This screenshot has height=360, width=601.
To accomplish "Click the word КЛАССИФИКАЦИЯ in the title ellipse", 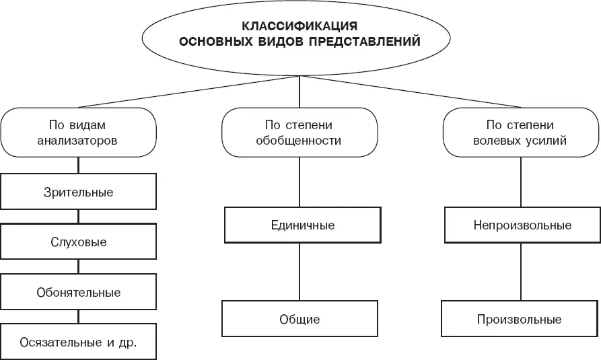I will pos(299,26).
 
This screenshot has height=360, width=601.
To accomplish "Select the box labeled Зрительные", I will pos(78,192).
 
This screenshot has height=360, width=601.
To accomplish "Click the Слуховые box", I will pos(78,242).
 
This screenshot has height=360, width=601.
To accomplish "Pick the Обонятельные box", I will pos(78,292).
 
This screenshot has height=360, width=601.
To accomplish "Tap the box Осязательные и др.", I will pos(78,342).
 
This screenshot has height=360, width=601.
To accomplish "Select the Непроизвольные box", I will pos(522,225).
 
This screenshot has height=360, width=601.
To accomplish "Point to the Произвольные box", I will pos(519,319).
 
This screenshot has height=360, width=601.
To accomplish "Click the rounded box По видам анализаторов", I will pos(78,133).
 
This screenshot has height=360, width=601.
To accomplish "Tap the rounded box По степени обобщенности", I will pos(299,133).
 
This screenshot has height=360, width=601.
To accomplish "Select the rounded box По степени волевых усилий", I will pos(520,133).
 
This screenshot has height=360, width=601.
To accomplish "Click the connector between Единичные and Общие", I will pos(299,272).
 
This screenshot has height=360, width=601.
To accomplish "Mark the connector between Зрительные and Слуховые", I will pos(78,217).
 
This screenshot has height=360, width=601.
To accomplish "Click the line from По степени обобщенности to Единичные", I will pos(299,182).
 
